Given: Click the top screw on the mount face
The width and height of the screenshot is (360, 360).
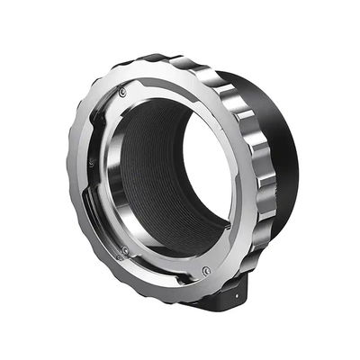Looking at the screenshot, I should tap(123, 91).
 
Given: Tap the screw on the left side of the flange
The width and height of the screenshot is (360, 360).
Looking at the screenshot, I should tap(91, 163).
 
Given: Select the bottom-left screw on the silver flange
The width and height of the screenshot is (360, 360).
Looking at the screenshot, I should tap(124, 250).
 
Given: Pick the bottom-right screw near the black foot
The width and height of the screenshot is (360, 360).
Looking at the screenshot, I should tap(206, 270).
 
